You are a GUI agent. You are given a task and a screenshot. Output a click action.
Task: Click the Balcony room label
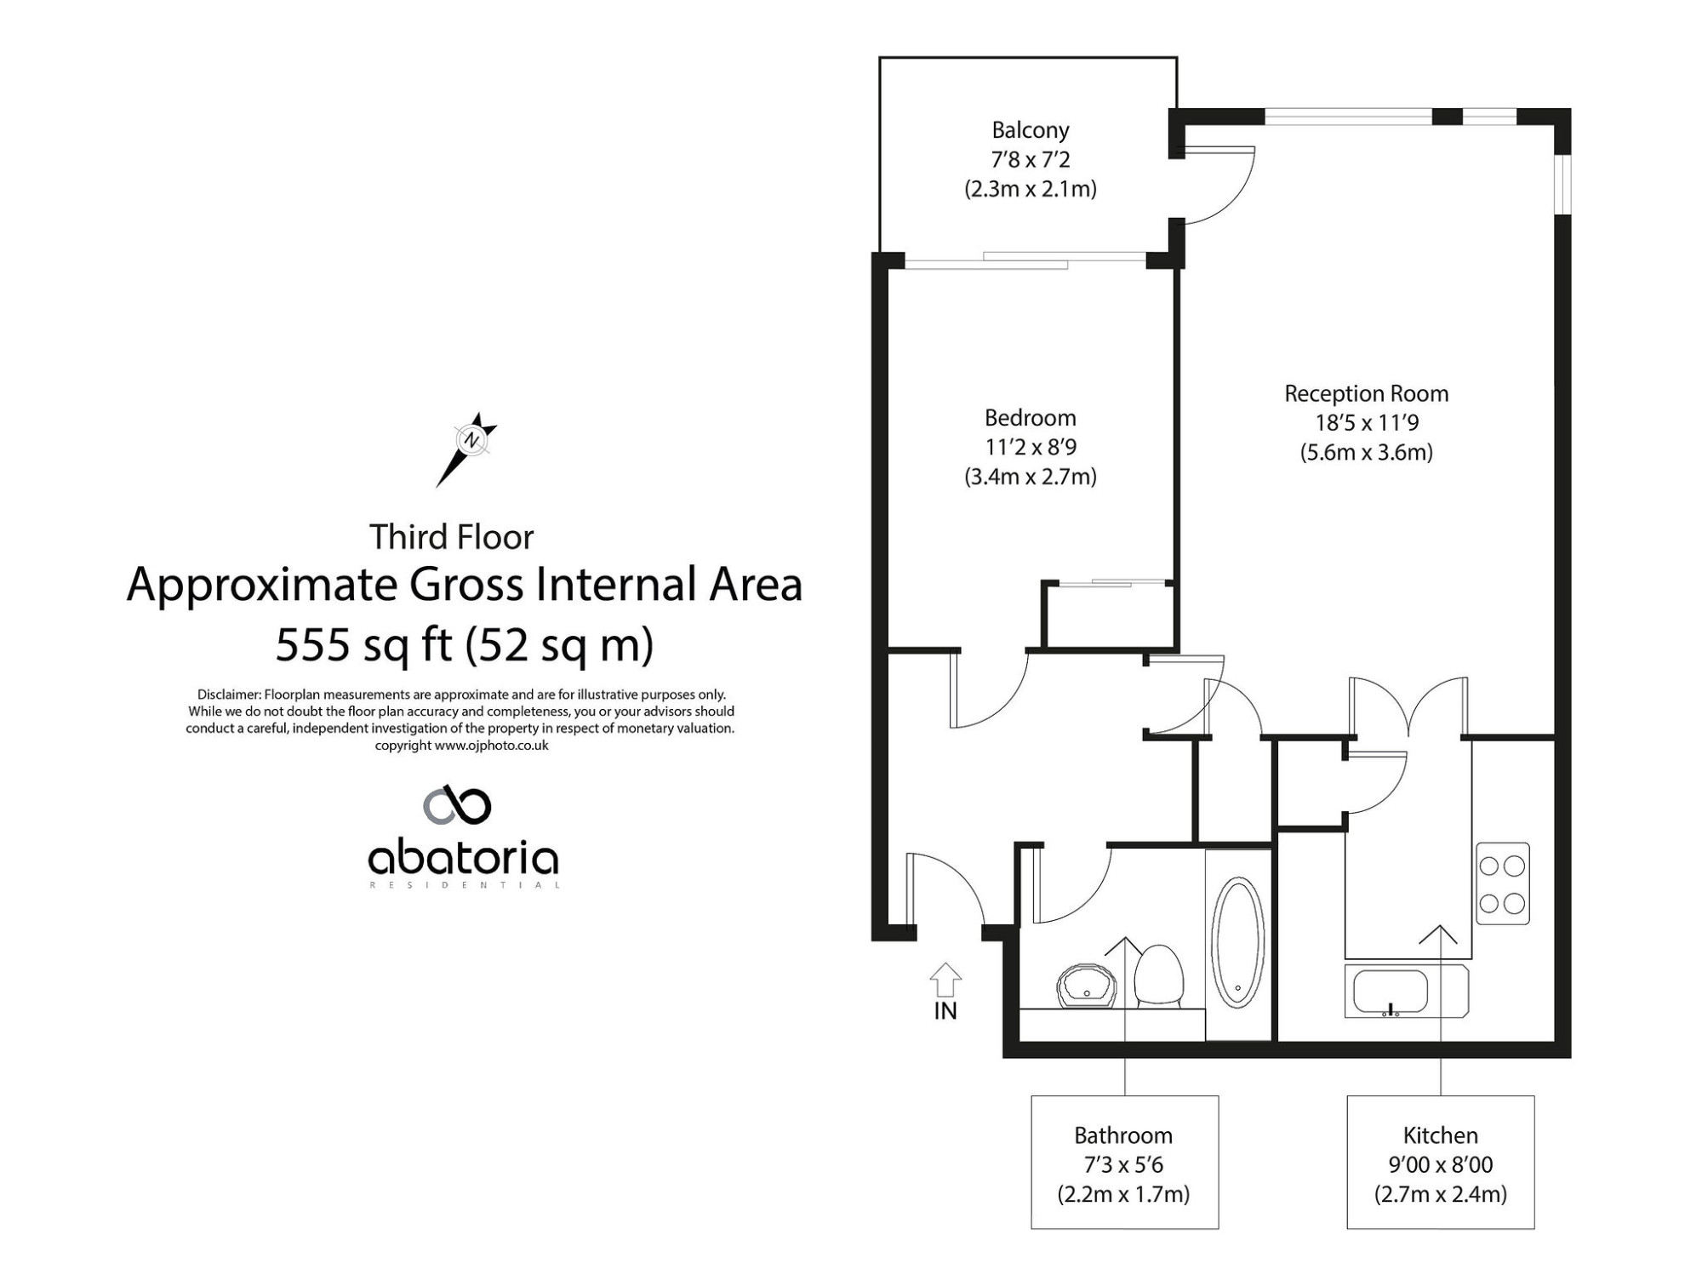(1030, 130)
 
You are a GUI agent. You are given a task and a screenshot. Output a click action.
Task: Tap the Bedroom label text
(1030, 418)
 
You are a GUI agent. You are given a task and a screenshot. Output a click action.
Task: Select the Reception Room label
(1366, 394)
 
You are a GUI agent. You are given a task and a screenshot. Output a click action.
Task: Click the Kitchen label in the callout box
(1440, 1135)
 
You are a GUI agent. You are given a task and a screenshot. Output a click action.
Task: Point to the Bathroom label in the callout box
(1123, 1135)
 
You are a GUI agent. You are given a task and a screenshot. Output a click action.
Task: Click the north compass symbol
(467, 449)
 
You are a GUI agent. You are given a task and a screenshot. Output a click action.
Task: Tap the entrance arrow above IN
(945, 980)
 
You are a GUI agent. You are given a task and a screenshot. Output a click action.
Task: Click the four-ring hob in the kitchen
(1502, 883)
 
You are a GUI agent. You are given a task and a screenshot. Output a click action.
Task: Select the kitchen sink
(1406, 991)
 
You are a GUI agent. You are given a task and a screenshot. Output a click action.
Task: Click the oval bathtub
(1238, 943)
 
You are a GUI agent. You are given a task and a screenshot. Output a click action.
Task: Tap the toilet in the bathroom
(1159, 976)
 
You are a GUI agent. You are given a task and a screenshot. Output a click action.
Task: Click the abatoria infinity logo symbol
(457, 805)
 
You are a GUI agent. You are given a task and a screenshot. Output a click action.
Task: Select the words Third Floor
(451, 537)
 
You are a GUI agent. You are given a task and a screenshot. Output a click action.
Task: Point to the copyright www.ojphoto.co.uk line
(461, 746)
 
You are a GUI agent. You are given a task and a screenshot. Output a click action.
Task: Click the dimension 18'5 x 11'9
(1366, 423)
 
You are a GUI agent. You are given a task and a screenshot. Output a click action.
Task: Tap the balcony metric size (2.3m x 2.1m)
(1030, 189)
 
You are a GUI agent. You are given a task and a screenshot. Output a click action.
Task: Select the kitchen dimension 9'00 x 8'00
(1440, 1164)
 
